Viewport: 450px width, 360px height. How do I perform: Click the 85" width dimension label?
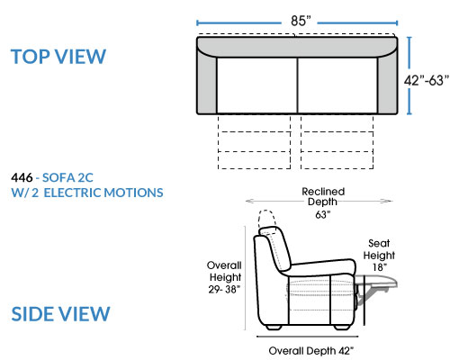point(301,21)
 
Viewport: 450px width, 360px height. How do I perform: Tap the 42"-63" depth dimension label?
point(427,80)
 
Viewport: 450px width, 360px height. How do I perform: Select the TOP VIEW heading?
point(58,57)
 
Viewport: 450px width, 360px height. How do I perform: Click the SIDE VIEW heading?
point(60,314)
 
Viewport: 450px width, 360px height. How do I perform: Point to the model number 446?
point(22,177)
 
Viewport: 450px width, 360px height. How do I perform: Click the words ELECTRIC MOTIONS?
point(103,193)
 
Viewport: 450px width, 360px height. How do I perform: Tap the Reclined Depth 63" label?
point(323,203)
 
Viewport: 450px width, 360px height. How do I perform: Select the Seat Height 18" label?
point(379,256)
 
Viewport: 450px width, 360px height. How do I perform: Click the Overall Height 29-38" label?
point(224,277)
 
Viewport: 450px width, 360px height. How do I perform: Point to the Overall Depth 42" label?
point(311,351)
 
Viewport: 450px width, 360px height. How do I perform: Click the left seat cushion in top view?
point(257,85)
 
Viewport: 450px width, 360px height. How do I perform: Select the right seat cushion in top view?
point(337,85)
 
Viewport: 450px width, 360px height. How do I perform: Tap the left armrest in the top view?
point(207,84)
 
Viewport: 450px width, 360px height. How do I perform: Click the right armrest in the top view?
point(388,84)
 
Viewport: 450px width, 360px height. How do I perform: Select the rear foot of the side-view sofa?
point(274,328)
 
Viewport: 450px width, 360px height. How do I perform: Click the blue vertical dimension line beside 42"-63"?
point(409,76)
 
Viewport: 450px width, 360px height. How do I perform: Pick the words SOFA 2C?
point(67,177)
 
